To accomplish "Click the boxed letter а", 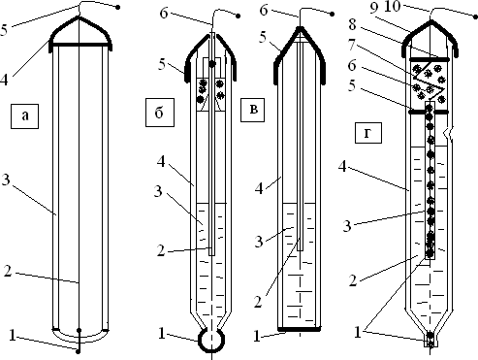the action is click(25, 116).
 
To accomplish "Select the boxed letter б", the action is click(160, 113).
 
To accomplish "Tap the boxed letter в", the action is click(252, 110).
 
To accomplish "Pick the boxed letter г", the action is click(368, 133).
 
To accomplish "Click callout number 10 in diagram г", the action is click(393, 6).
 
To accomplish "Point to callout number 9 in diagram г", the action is click(373, 8).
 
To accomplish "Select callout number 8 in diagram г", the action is click(352, 25).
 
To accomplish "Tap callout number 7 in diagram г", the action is click(352, 46).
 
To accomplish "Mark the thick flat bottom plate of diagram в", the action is click(300, 329).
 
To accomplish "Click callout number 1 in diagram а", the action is click(13, 336).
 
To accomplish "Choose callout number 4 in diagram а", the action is click(4, 80).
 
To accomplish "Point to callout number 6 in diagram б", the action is click(164, 14).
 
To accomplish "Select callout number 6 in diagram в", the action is click(264, 11).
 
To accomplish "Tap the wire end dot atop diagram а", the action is click(118, 7).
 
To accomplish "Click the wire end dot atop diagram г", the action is click(475, 15).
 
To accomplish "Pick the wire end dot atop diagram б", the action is click(239, 16).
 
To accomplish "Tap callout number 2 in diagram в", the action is click(258, 302).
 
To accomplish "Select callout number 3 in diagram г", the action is click(347, 225).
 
